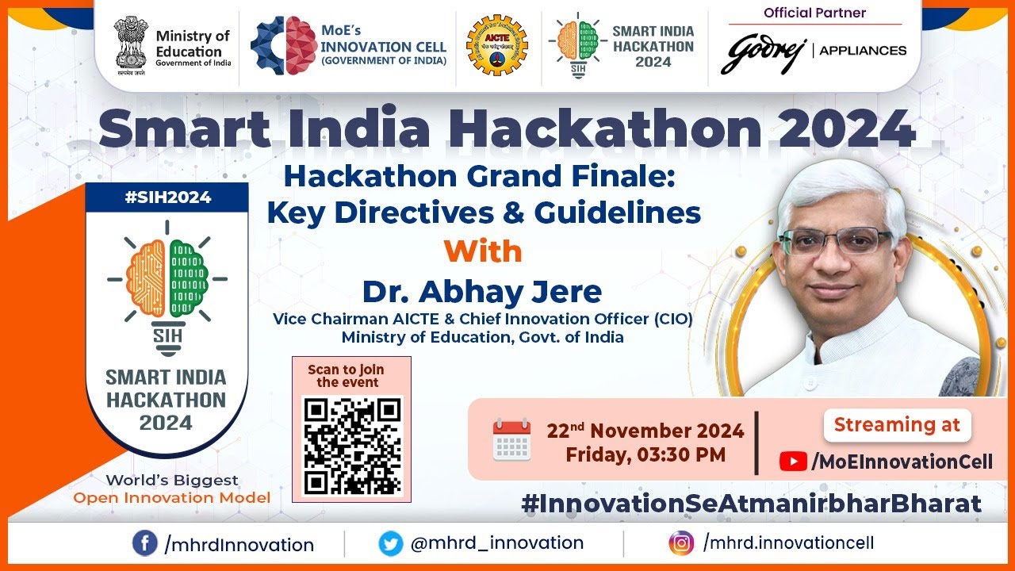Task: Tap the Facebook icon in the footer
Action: click(x=144, y=543)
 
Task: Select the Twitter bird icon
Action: click(x=390, y=543)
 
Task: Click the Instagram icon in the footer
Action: click(x=680, y=543)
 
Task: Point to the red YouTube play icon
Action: click(x=792, y=462)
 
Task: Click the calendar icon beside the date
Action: click(x=511, y=440)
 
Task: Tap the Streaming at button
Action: click(x=897, y=424)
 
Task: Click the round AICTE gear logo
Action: click(x=496, y=45)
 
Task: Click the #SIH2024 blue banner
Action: click(x=167, y=197)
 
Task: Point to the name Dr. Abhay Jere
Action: click(x=482, y=292)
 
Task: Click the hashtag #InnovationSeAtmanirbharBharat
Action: click(x=751, y=503)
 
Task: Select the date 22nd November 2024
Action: click(x=645, y=431)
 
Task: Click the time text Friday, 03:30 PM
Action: click(x=645, y=455)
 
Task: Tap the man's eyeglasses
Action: click(x=834, y=240)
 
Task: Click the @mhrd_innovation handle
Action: click(x=496, y=543)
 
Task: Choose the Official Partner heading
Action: click(x=814, y=13)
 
